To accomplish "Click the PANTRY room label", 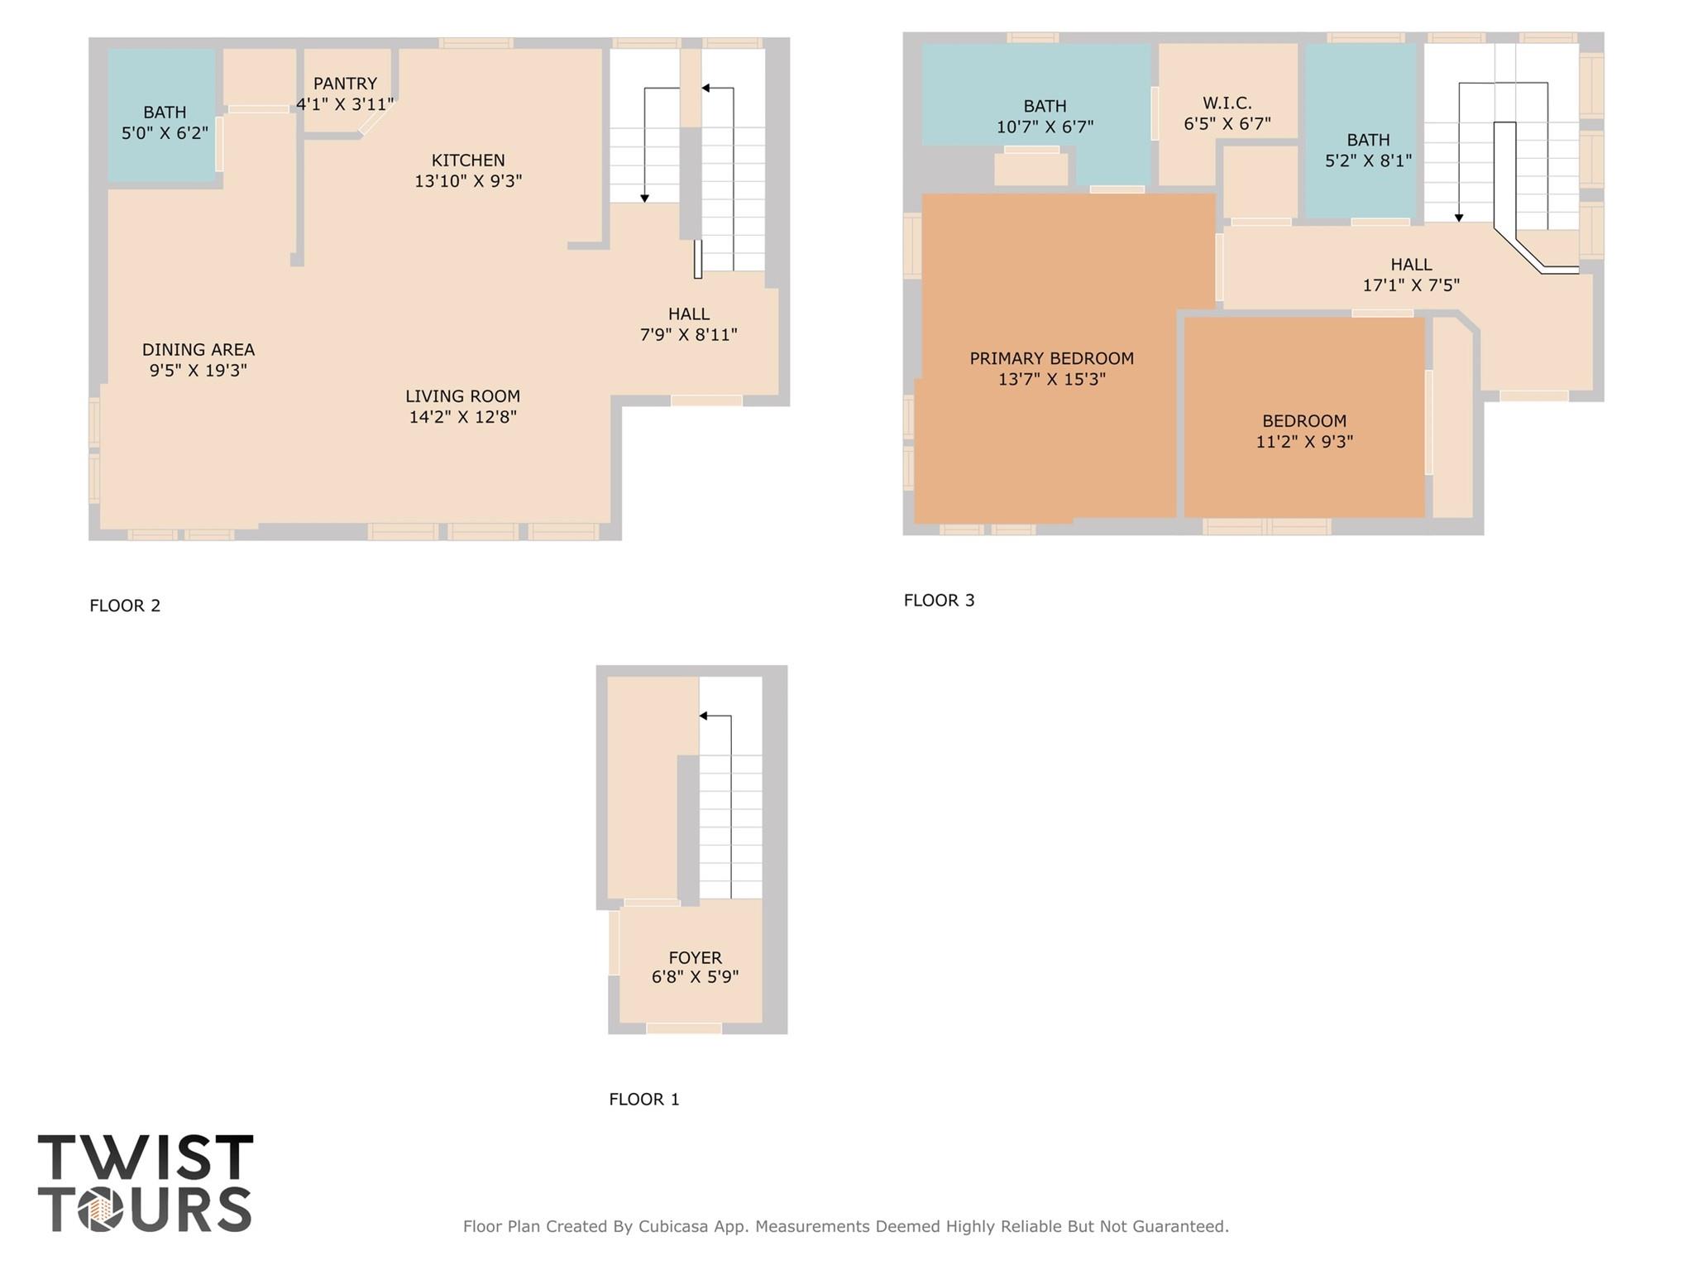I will (345, 84).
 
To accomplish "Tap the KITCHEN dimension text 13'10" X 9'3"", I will (468, 181).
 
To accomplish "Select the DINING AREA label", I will (198, 350).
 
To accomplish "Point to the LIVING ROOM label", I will (462, 396).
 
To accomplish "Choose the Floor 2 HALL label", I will (688, 314).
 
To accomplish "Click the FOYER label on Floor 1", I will (695, 957).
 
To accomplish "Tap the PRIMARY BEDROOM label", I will (1051, 358).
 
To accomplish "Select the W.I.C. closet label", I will (1227, 103).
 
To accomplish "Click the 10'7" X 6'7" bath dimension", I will (1045, 127).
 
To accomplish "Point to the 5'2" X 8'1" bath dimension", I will (1368, 161).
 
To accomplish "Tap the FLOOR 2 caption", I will (125, 606).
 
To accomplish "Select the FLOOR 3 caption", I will (939, 601).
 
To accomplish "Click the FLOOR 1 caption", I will (643, 1099).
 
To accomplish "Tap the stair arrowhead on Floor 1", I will (704, 716).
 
